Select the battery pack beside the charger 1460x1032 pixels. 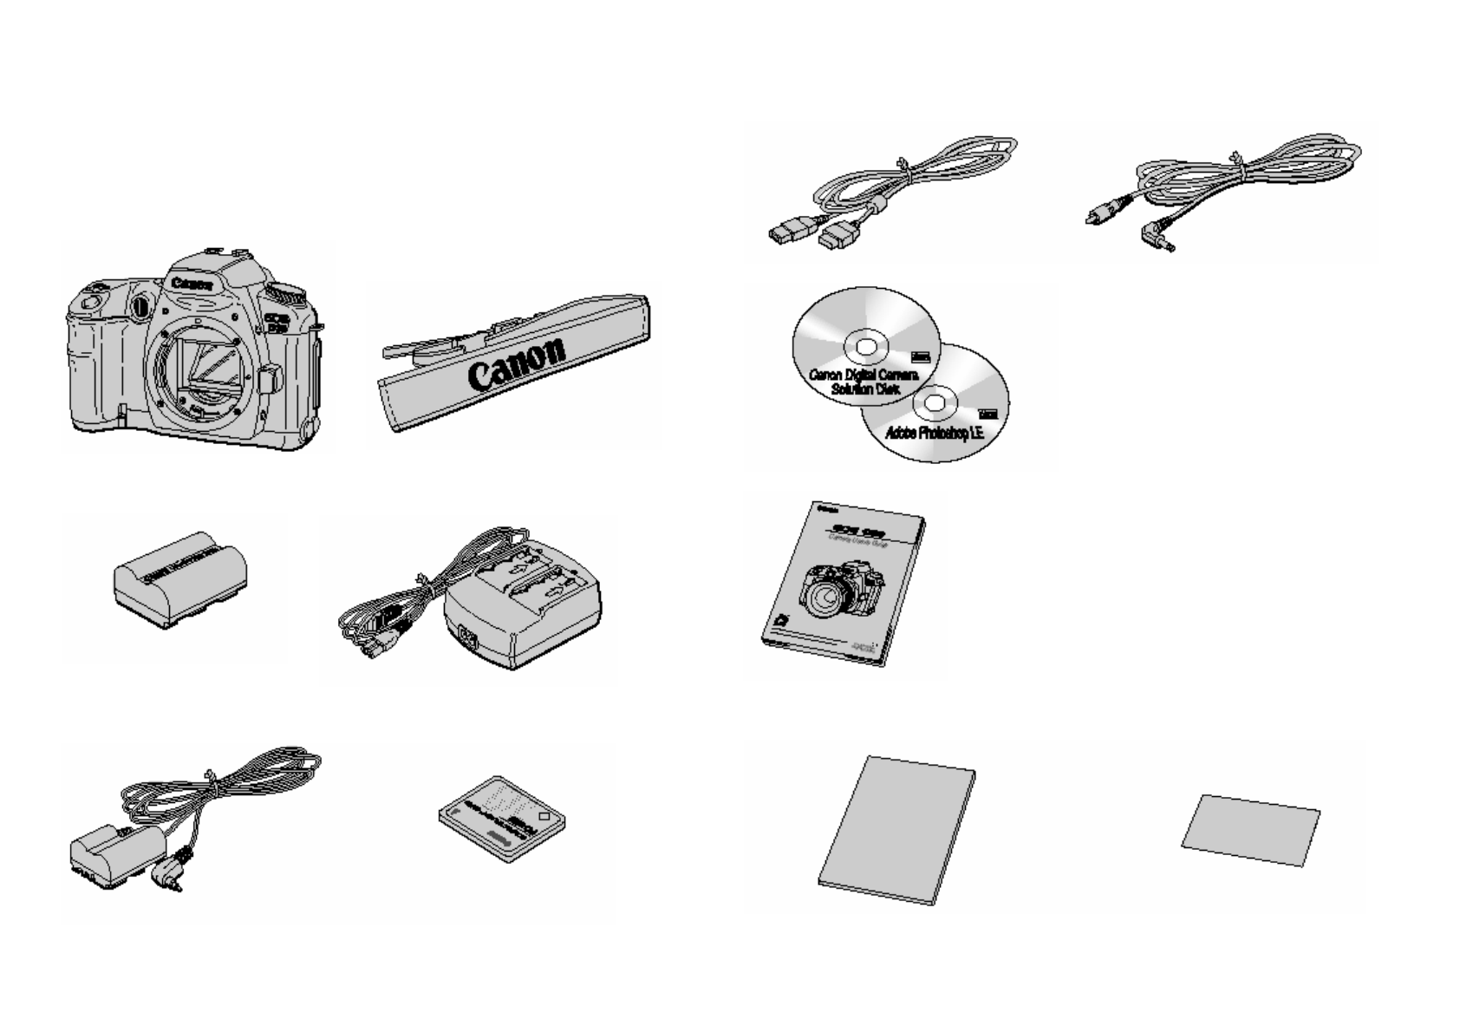[x=180, y=579]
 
